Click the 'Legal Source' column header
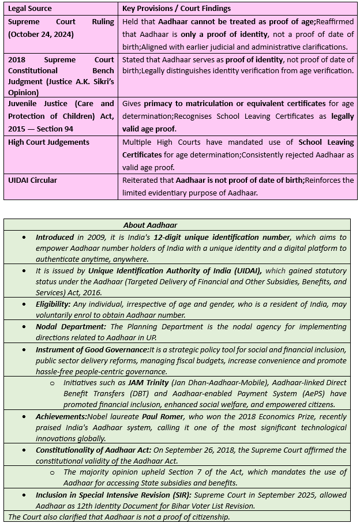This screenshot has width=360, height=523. (29, 9)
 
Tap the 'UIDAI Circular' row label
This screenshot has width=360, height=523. (32, 180)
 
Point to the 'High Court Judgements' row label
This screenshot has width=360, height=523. (48, 142)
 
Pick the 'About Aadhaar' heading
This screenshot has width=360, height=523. (150, 225)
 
